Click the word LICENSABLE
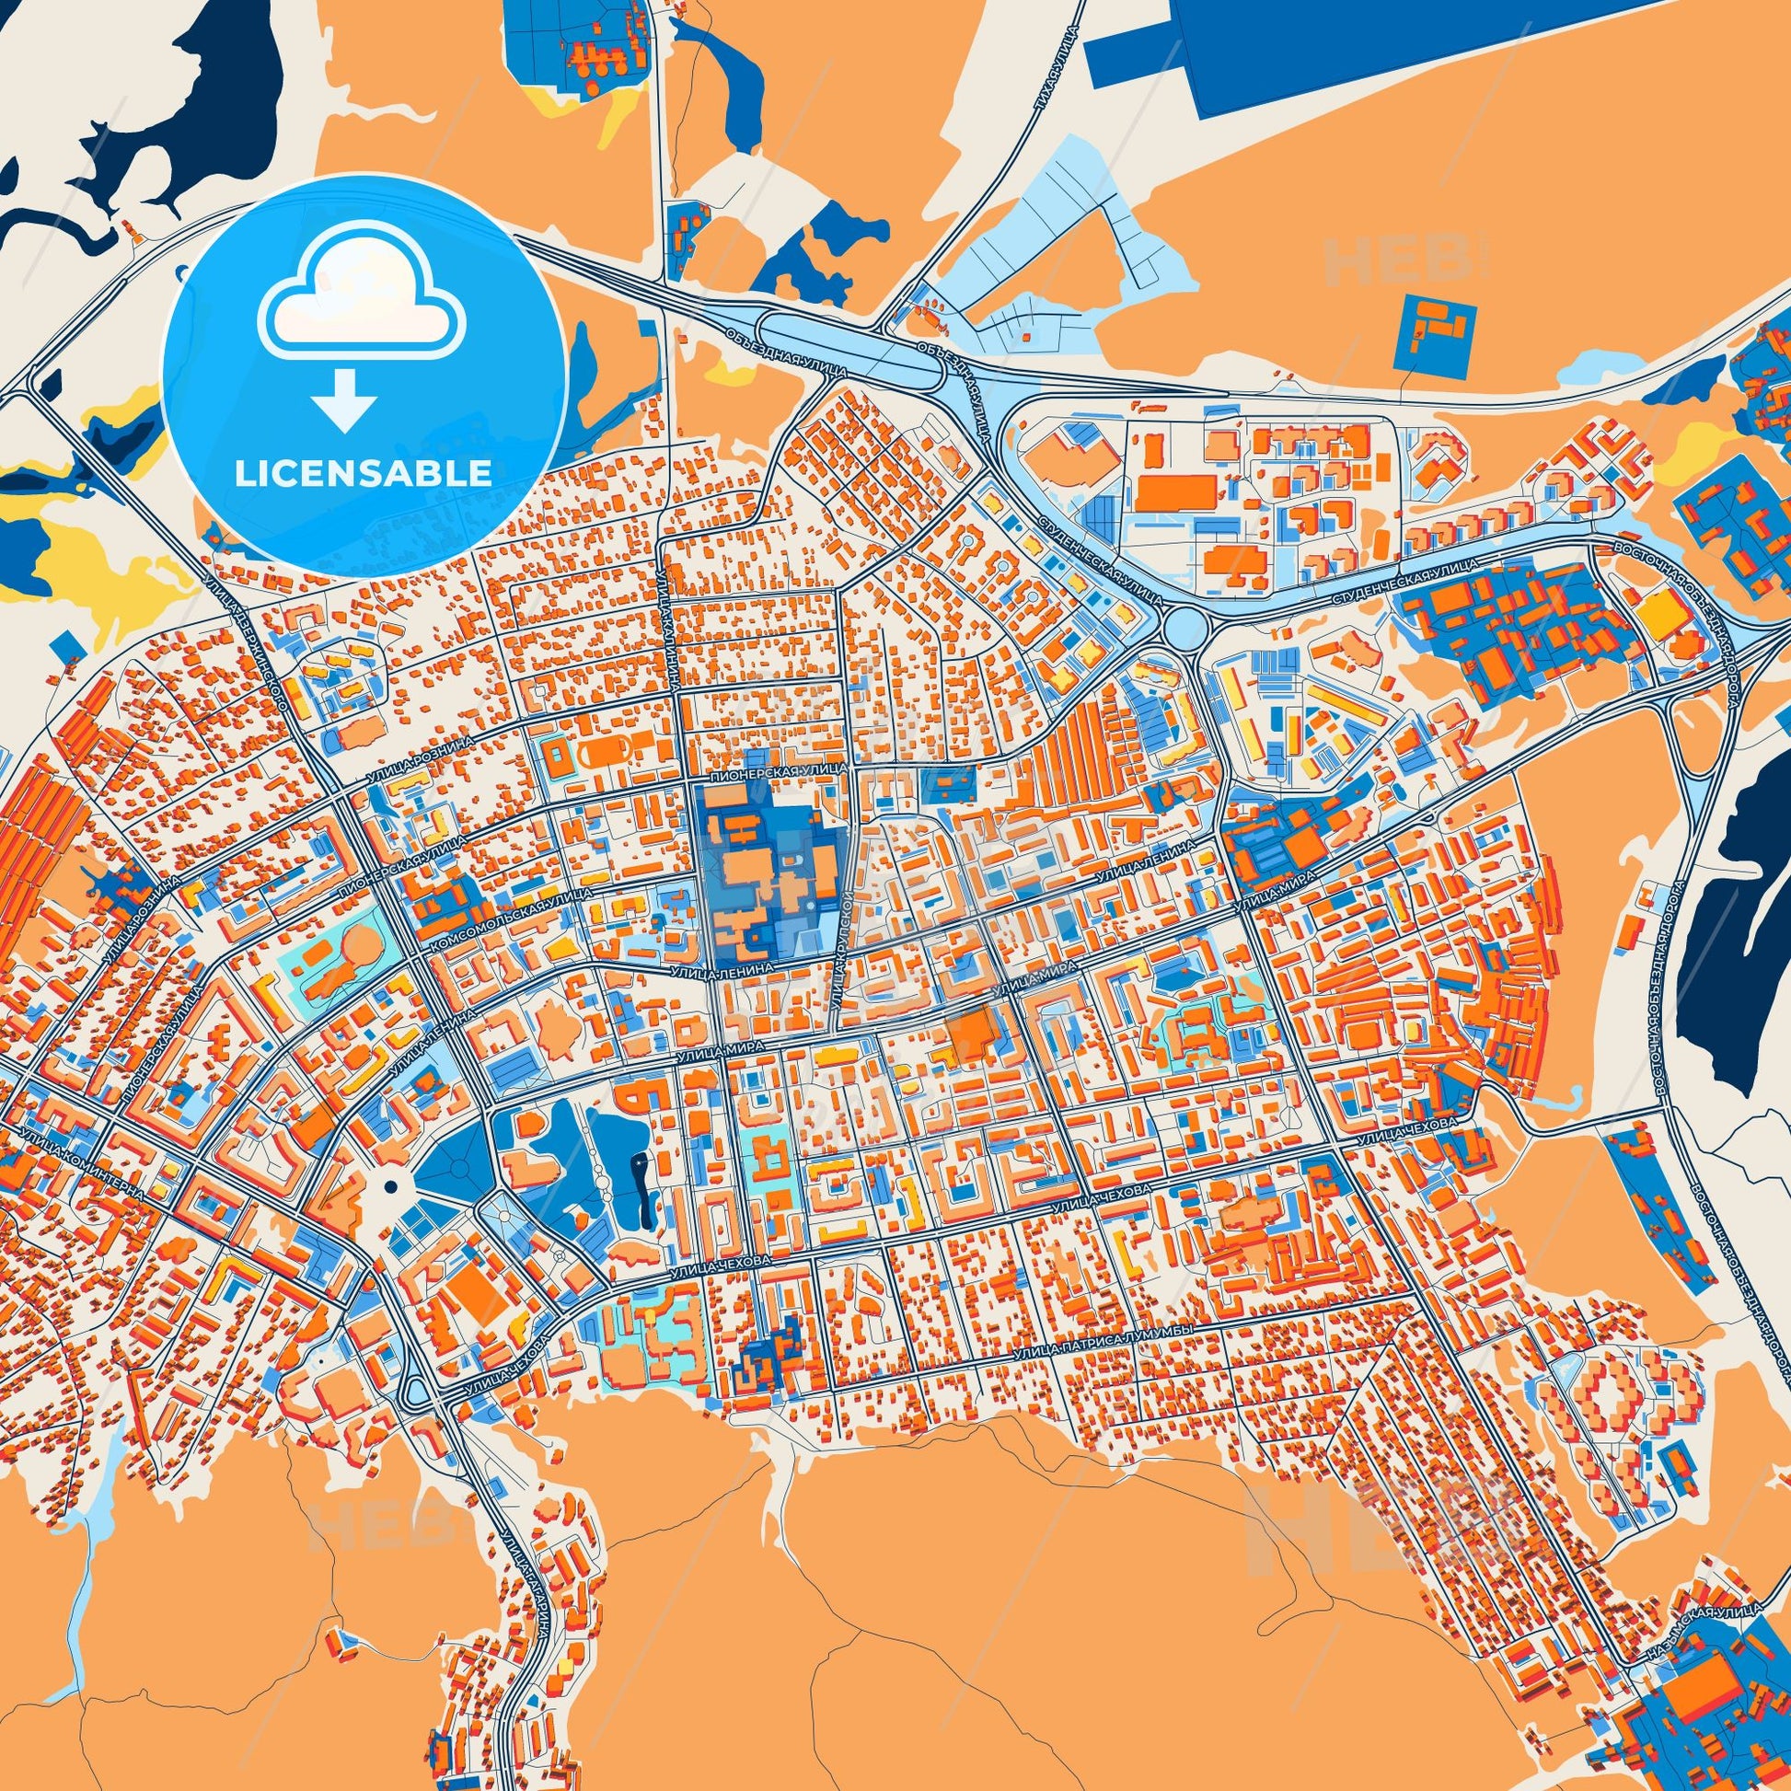(x=364, y=474)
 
